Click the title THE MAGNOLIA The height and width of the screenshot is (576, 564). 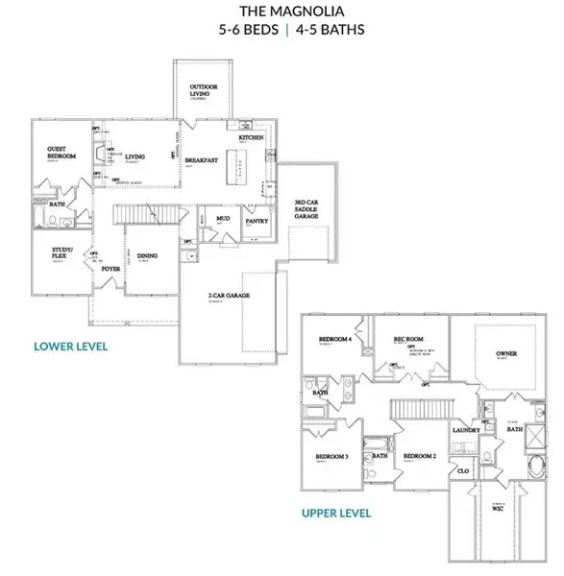(282, 12)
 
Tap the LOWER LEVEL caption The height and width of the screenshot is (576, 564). (70, 346)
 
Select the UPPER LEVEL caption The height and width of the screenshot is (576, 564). (335, 514)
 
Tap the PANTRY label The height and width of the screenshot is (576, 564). (257, 220)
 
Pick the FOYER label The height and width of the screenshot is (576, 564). (110, 269)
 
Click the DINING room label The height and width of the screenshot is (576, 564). (148, 255)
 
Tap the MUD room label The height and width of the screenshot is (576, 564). (223, 218)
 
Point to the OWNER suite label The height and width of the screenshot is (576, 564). (506, 354)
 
